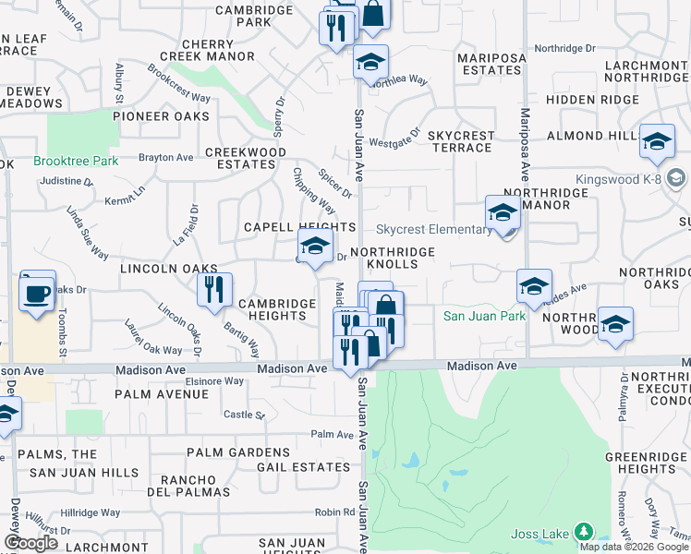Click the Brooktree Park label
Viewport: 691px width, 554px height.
tap(76, 161)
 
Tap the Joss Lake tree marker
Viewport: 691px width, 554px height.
tap(583, 533)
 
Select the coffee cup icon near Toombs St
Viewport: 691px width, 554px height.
tap(37, 294)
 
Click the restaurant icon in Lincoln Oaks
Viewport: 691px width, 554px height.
tap(212, 289)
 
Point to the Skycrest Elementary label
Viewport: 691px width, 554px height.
tap(433, 229)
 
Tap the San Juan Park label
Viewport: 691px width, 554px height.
tap(484, 316)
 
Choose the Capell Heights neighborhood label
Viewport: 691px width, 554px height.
tap(299, 227)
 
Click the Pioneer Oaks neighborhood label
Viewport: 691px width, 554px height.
tap(161, 116)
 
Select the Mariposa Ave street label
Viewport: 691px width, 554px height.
tap(524, 146)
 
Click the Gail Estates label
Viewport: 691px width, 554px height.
tap(303, 467)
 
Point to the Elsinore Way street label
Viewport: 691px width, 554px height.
tap(214, 380)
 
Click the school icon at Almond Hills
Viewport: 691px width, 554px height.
tap(657, 141)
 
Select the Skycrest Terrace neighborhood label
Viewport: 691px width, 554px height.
tap(462, 141)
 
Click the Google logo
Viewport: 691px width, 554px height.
tap(31, 543)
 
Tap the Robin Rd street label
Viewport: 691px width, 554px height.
tap(334, 512)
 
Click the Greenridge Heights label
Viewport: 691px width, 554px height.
tap(646, 463)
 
